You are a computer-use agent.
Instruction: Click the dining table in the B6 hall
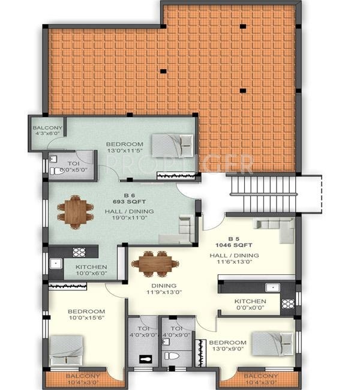[x=76, y=211]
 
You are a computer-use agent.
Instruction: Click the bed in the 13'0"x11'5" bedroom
[x=172, y=145]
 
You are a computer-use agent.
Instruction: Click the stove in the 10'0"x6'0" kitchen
[x=78, y=252]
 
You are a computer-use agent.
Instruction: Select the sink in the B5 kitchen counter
[x=274, y=287]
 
